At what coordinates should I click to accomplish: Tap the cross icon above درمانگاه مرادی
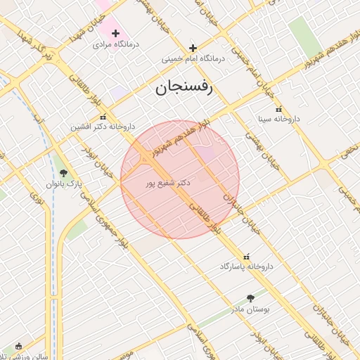(116, 33)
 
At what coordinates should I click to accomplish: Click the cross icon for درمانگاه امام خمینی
(193, 49)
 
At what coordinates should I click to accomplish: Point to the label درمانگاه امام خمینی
(193, 60)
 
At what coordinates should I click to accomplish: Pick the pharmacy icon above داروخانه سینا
(279, 109)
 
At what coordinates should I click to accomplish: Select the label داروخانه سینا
(278, 120)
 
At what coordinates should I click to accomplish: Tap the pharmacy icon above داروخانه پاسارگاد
(246, 256)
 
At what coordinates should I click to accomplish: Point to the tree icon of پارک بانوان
(63, 173)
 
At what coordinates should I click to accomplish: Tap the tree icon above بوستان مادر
(251, 298)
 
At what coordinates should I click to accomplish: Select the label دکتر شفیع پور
(168, 183)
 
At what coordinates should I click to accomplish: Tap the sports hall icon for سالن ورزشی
(18, 346)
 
